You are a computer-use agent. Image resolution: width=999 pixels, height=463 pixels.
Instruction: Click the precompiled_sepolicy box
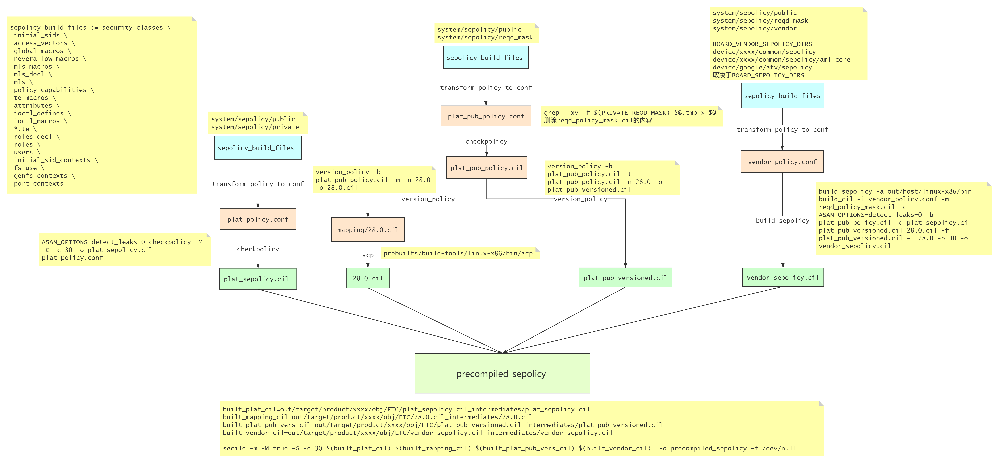click(x=502, y=373)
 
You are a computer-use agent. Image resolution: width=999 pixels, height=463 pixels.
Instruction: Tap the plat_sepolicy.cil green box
click(x=258, y=279)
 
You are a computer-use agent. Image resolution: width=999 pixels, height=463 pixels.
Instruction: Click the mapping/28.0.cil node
click(x=368, y=230)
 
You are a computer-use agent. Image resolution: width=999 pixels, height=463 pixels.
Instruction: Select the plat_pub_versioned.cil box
click(x=625, y=277)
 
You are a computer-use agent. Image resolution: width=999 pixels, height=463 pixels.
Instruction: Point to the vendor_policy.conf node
click(x=782, y=162)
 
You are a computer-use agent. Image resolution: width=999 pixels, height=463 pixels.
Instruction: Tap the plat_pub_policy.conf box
click(x=486, y=116)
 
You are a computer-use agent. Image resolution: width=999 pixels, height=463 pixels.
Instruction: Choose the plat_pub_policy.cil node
click(x=486, y=168)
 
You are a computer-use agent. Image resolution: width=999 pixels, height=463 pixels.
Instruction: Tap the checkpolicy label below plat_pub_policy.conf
click(x=486, y=141)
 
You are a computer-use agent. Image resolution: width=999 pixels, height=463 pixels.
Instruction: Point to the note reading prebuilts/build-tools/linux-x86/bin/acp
click(x=460, y=253)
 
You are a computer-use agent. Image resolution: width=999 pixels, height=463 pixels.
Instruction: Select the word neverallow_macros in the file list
click(x=46, y=59)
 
